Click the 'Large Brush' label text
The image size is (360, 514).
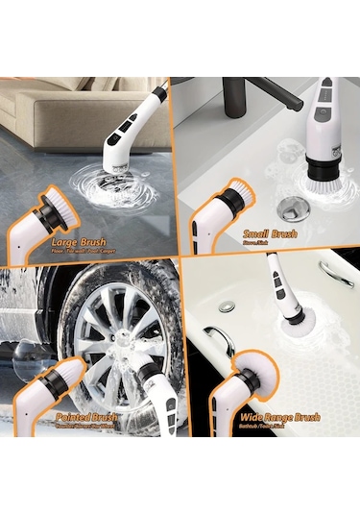(x=80, y=242)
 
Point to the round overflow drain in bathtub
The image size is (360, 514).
(x=227, y=306)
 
